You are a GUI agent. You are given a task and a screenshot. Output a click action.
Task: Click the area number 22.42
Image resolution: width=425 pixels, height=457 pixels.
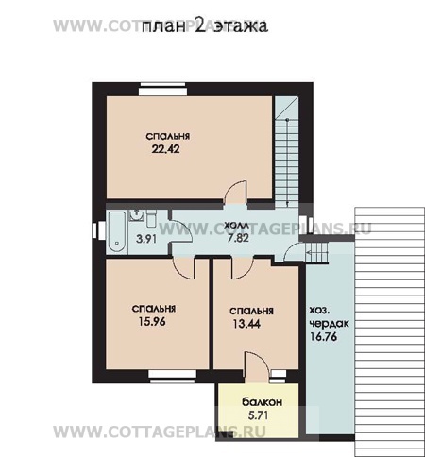click(166, 149)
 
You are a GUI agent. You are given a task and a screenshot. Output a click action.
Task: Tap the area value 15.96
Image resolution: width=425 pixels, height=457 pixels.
click(152, 322)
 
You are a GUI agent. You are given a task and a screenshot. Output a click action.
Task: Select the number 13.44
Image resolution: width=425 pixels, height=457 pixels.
click(246, 324)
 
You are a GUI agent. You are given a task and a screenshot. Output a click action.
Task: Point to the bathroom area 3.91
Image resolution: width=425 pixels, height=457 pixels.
click(146, 239)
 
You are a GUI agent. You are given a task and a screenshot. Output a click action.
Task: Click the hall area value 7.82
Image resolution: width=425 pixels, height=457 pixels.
click(238, 238)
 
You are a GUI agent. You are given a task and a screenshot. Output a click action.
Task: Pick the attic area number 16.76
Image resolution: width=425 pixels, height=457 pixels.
click(324, 337)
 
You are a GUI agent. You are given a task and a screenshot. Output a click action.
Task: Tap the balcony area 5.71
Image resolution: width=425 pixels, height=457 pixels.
click(258, 415)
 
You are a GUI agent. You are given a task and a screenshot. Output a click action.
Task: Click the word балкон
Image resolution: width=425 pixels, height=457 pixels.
click(263, 402)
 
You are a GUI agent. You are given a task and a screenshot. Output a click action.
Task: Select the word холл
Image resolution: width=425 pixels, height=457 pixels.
click(237, 226)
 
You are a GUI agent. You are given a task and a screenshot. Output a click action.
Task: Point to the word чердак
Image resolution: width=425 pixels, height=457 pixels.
click(330, 324)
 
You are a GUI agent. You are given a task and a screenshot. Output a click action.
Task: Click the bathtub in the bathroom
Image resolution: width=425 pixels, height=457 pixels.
click(116, 232)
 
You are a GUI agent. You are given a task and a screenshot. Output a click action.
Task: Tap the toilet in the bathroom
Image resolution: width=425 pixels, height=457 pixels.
click(151, 219)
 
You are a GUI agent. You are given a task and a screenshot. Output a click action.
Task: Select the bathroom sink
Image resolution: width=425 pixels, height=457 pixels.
click(136, 215)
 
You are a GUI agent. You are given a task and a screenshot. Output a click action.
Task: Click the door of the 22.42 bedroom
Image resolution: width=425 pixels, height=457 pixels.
click(235, 193)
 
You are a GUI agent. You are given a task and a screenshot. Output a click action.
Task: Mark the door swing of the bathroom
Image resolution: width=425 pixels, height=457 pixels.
click(181, 231)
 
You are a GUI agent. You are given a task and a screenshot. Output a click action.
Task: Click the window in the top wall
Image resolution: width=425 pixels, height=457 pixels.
click(162, 89)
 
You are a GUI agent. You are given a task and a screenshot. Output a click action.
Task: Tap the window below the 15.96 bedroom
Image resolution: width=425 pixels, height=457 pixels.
click(173, 377)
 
